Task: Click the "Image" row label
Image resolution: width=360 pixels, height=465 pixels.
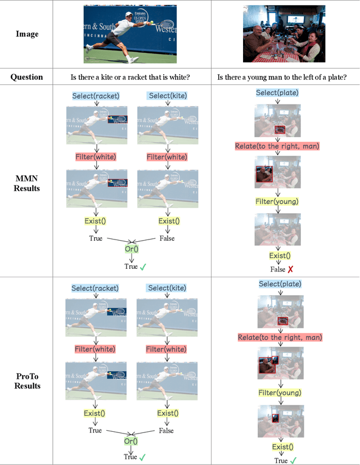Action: [27, 34]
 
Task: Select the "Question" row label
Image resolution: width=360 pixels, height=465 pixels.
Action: [27, 76]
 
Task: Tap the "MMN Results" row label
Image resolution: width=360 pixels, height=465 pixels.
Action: [27, 183]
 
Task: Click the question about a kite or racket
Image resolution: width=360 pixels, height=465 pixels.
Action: [132, 76]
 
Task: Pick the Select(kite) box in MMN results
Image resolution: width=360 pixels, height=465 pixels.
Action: [166, 96]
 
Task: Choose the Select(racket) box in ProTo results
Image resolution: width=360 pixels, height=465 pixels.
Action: [95, 288]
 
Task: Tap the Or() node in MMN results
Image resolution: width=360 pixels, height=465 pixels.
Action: [132, 249]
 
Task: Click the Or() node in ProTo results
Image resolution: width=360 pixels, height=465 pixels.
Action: [132, 441]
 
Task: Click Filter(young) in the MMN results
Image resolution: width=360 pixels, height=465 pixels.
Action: [277, 201]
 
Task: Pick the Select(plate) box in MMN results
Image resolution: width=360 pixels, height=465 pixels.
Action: [277, 93]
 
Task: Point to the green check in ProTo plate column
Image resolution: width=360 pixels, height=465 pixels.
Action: [293, 461]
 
